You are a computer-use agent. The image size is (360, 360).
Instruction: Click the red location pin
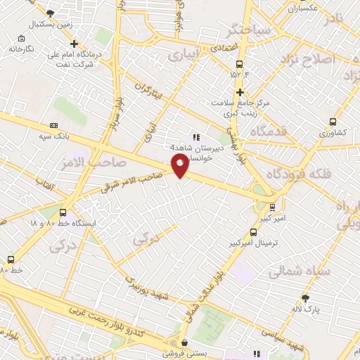tap(180, 166)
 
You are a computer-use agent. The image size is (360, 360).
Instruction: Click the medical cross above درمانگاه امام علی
tap(74, 44)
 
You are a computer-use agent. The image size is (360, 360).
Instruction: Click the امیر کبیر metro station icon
tap(271, 206)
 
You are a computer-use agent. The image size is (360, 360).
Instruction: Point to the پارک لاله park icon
tap(305, 298)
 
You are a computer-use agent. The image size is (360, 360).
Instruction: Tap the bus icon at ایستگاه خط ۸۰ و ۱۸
tap(64, 212)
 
